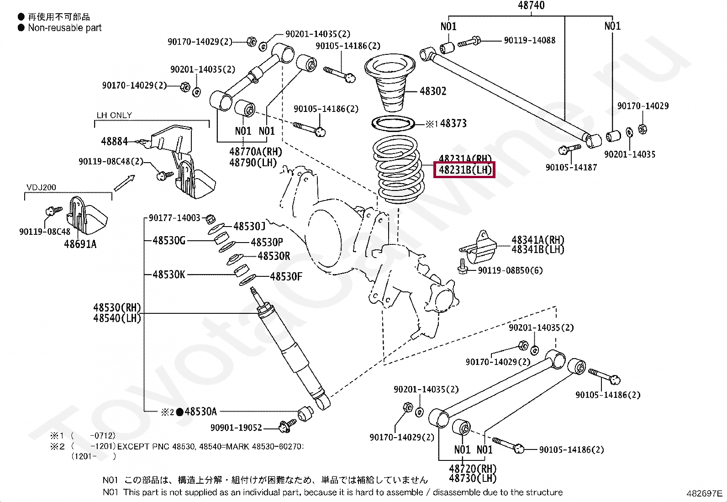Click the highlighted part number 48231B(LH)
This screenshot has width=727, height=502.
[465, 170]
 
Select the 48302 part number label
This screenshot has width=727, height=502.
[432, 91]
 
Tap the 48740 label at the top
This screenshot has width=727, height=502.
[531, 5]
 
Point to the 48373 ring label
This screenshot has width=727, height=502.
[453, 123]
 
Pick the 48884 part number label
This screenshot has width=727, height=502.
[114, 142]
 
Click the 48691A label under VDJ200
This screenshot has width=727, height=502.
[80, 244]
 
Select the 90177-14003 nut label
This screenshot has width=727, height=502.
[174, 218]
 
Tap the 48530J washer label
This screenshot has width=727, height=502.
[249, 226]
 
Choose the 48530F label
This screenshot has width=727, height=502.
[286, 276]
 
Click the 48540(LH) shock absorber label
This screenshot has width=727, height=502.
[117, 318]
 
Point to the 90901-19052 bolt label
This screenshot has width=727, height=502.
[236, 428]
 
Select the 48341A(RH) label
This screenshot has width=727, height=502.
[537, 240]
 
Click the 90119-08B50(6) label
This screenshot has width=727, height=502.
[510, 270]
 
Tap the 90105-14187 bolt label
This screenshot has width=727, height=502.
[571, 168]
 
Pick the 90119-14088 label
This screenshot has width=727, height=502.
[529, 41]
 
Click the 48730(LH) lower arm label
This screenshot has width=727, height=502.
[473, 478]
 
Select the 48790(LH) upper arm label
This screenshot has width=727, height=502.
[253, 163]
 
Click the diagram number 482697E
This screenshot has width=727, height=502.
[704, 493]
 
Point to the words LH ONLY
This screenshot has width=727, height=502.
[114, 116]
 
